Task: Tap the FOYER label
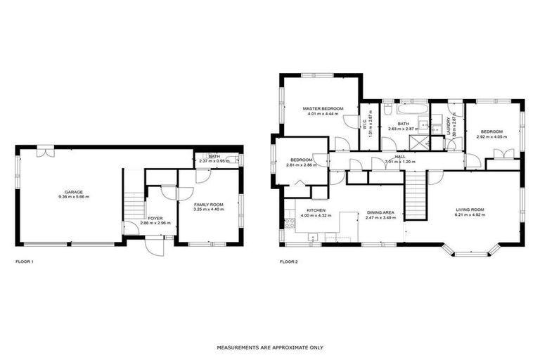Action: pyautogui.click(x=155, y=218)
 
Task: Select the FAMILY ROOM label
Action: pyautogui.click(x=208, y=204)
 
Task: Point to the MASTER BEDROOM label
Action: pyautogui.click(x=322, y=108)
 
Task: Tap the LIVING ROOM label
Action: pyautogui.click(x=470, y=210)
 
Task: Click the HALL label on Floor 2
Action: pyautogui.click(x=399, y=156)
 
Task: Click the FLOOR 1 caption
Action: pyautogui.click(x=25, y=262)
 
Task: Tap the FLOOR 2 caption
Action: pyautogui.click(x=289, y=262)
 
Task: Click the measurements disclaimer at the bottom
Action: pyautogui.click(x=270, y=347)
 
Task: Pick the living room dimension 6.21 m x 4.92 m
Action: pyautogui.click(x=470, y=215)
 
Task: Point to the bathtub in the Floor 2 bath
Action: pyautogui.click(x=411, y=110)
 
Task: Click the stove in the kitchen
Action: pyautogui.click(x=288, y=224)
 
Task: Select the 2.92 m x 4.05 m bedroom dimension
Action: pyautogui.click(x=491, y=136)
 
